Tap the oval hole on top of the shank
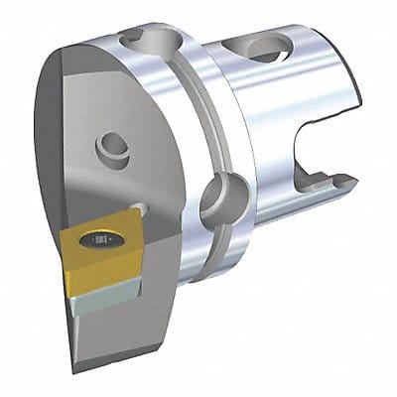click(x=266, y=48)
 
